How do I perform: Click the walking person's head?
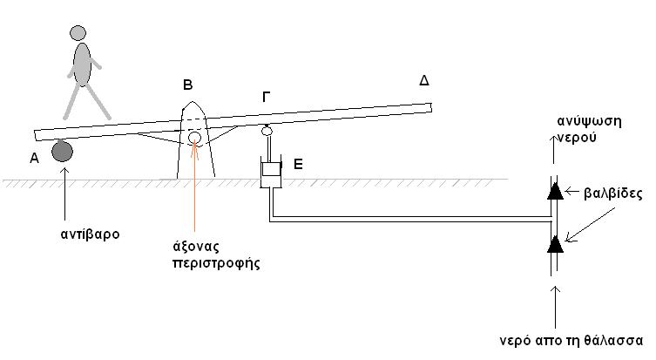tap(78, 33)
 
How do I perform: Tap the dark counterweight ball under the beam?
tap(63, 151)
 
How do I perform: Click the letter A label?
tap(34, 159)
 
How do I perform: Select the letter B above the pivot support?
tap(188, 85)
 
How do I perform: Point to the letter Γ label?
tap(266, 97)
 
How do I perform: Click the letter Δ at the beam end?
tap(424, 80)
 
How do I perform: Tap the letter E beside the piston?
tap(298, 164)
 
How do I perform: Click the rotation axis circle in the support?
tap(194, 138)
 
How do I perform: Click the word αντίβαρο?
tap(90, 234)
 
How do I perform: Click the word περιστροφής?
tap(216, 263)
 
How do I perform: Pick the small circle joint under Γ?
tap(267, 131)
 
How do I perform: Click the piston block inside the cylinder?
tap(271, 169)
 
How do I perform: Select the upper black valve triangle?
tap(555, 191)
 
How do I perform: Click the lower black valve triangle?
tap(555, 244)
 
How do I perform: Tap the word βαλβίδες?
tap(613, 194)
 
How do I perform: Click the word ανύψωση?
tap(589, 121)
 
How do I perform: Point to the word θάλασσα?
tap(615, 340)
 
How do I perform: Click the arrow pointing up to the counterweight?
tap(64, 194)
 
